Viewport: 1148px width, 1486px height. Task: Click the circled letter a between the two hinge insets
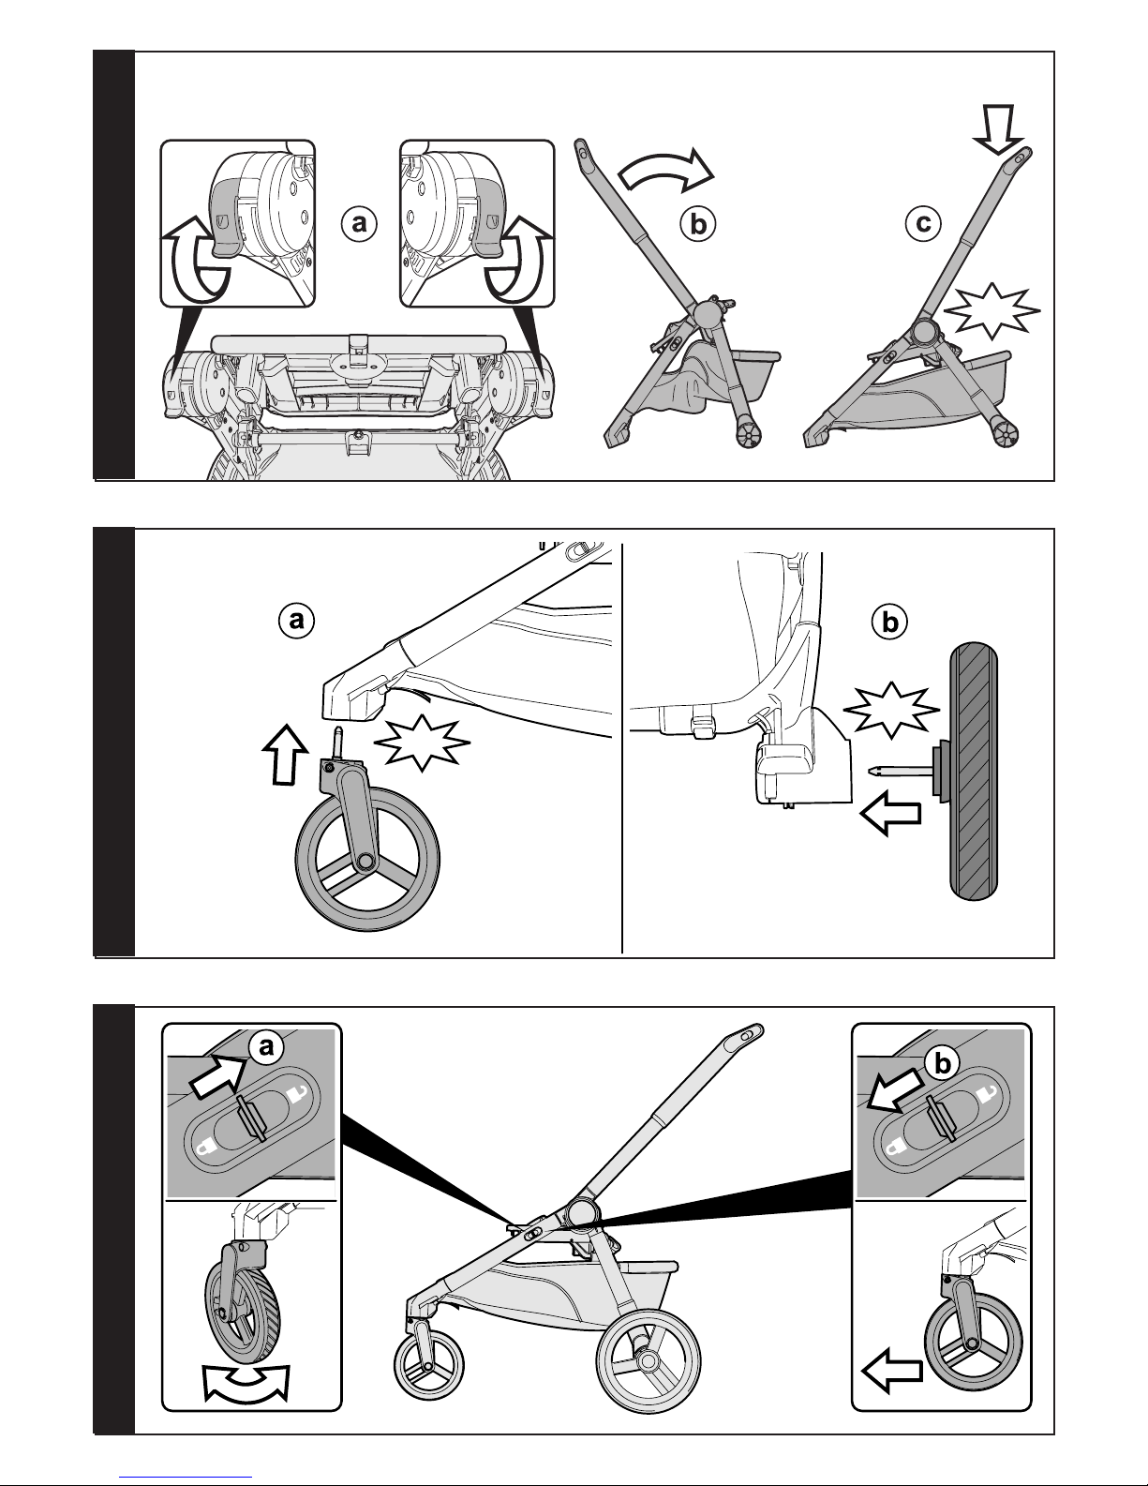click(x=357, y=224)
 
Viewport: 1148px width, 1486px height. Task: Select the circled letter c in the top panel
click(x=923, y=223)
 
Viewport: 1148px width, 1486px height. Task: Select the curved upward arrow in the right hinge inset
click(x=515, y=262)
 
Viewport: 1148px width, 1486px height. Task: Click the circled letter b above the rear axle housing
click(x=888, y=621)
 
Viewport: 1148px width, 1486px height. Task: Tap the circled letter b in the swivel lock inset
click(x=943, y=1061)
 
